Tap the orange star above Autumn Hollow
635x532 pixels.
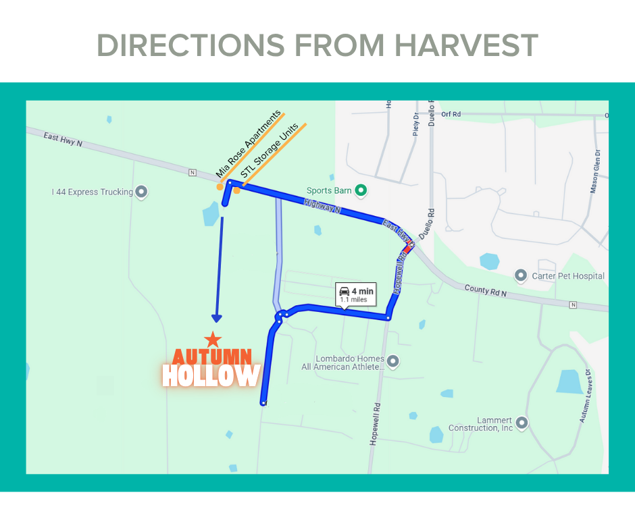click(x=213, y=339)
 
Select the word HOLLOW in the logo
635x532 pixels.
click(x=211, y=376)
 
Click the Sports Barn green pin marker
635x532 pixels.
click(x=361, y=190)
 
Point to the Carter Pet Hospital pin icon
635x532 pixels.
click(x=520, y=275)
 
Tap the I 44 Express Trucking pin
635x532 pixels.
click(x=141, y=192)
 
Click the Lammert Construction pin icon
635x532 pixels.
click(x=522, y=423)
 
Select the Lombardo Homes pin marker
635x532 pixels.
click(x=393, y=361)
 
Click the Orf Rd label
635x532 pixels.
click(x=450, y=114)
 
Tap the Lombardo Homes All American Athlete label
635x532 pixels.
click(x=343, y=363)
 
